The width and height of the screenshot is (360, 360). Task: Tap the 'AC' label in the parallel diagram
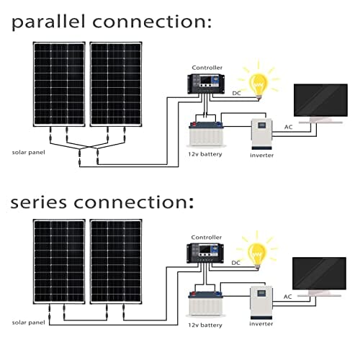[288, 127]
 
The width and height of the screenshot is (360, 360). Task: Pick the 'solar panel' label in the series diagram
[27, 323]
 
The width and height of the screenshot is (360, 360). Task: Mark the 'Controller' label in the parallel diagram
[207, 67]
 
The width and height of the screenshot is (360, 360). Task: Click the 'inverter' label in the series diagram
[261, 324]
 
